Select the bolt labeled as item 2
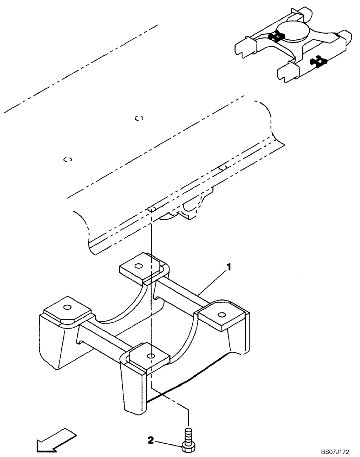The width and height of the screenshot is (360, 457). click(x=188, y=439)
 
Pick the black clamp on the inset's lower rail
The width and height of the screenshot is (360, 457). click(x=318, y=59)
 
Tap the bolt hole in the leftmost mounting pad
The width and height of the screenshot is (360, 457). click(x=67, y=307)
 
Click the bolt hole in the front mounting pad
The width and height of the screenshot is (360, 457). click(x=151, y=355)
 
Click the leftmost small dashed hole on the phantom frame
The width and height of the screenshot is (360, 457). click(x=68, y=159)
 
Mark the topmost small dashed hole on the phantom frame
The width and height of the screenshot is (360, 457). click(x=139, y=118)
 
